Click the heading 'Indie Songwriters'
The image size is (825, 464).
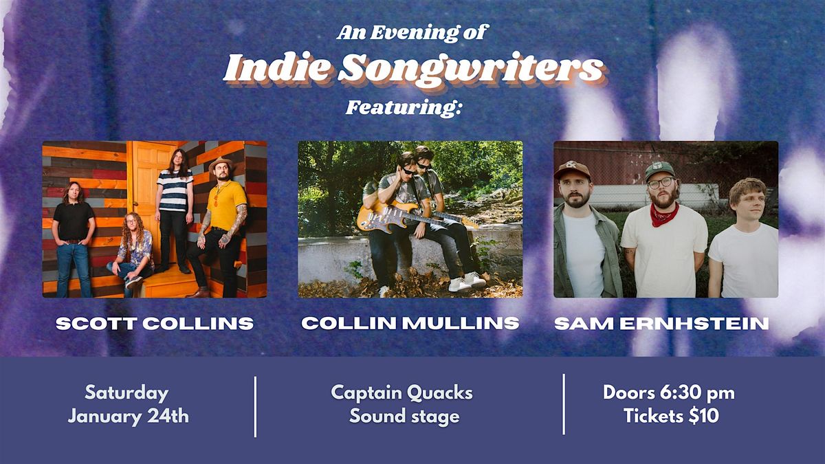412,69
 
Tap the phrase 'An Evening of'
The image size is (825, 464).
412,32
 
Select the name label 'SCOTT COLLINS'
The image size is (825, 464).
155,323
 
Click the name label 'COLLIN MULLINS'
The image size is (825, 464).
410,323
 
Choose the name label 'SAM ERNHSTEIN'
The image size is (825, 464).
661,323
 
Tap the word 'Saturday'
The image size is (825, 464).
126,393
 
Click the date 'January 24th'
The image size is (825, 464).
128,416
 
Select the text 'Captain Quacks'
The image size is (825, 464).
402,393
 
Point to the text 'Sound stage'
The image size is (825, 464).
404,416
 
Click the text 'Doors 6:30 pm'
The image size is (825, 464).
669,393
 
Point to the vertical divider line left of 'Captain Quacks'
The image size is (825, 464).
255,406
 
